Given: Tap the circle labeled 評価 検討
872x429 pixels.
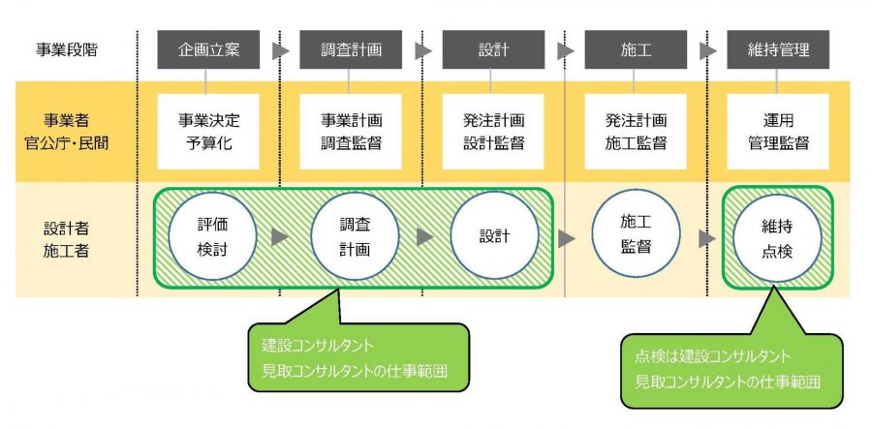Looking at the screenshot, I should pos(212,235).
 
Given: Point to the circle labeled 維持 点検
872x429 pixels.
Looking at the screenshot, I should pos(778,235).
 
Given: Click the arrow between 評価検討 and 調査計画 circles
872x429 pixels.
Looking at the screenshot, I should pos(279,236).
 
